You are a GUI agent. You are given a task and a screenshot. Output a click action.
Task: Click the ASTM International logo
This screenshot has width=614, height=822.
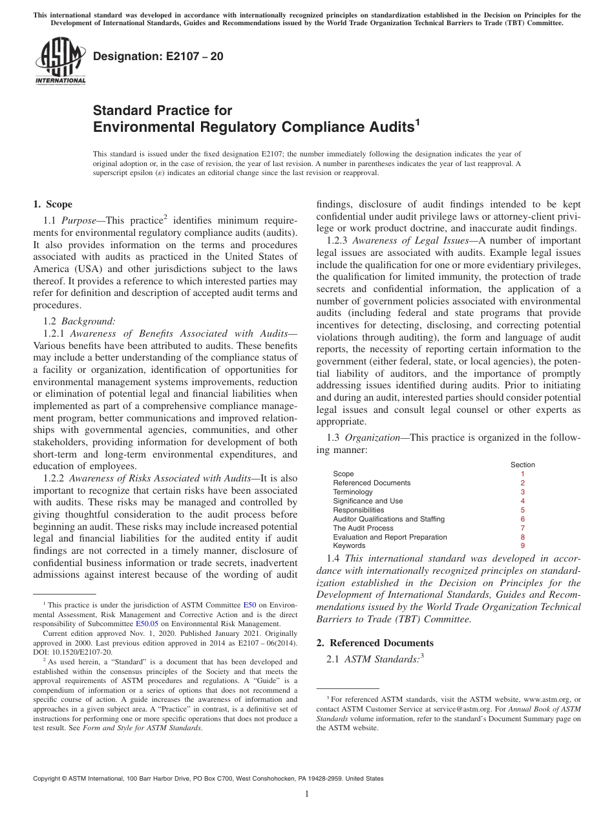(x=59, y=61)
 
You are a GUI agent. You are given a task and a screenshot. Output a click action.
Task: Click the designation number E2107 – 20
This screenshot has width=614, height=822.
(x=158, y=57)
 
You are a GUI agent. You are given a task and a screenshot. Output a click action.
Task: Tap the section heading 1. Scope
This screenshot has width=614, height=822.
(x=52, y=205)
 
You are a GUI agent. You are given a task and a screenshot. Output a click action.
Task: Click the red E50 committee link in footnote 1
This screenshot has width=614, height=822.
(x=249, y=606)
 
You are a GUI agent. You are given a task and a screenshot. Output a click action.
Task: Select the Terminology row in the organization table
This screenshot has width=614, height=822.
(x=353, y=492)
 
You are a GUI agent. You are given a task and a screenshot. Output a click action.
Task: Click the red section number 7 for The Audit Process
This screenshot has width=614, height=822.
(x=522, y=528)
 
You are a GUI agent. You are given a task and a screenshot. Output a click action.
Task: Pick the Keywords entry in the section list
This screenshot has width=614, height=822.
(x=349, y=546)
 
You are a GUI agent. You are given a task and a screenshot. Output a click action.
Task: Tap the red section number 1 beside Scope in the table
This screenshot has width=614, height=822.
(x=522, y=474)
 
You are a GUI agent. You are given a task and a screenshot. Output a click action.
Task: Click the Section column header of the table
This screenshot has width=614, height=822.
(x=522, y=465)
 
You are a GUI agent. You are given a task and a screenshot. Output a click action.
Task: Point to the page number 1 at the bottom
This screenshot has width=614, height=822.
(x=307, y=794)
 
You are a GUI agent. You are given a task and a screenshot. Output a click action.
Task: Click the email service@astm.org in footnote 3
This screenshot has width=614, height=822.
(x=458, y=709)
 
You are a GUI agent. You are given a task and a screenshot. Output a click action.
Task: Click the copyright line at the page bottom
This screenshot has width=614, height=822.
(x=207, y=779)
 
